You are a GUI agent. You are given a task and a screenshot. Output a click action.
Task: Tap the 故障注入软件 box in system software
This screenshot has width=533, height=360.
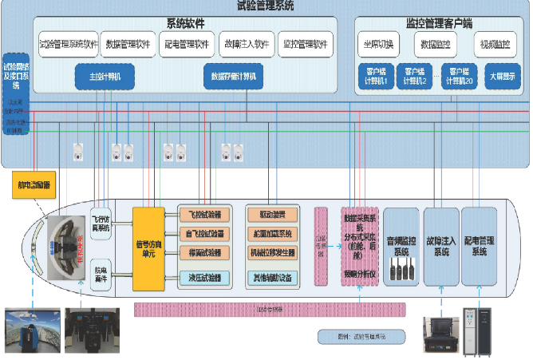pos(247,44)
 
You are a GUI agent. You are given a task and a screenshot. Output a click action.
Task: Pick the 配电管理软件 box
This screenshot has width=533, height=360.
pos(185,44)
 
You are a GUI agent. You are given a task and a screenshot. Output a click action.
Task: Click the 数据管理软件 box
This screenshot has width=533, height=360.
pos(128,44)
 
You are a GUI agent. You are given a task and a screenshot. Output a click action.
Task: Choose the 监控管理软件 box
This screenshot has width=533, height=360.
pos(306,44)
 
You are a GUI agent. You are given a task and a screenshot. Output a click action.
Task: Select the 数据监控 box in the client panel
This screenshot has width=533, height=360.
pos(436,44)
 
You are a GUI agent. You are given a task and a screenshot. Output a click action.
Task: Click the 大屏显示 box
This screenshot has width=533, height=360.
pos(502,77)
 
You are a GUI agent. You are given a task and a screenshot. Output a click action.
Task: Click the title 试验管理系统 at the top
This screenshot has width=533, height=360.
pos(266,6)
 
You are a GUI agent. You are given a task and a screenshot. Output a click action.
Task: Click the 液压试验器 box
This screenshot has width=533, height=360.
pos(205,278)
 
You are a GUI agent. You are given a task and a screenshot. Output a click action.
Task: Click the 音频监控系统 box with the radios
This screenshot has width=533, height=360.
pos(401,247)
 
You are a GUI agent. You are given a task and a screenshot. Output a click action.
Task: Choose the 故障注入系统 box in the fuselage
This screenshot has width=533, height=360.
pos(440,246)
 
